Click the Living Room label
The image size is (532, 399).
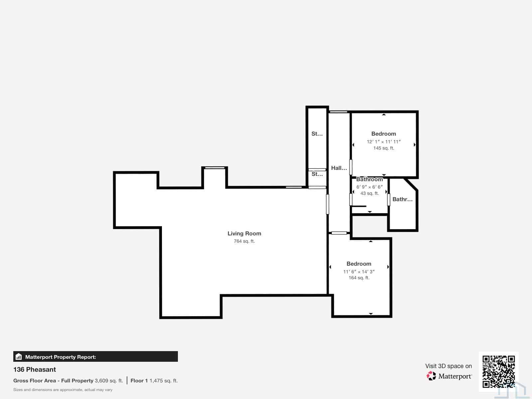pos(244,233)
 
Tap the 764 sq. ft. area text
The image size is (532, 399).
pos(244,241)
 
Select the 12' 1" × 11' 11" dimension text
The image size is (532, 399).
pos(383,142)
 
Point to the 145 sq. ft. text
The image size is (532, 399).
pos(383,148)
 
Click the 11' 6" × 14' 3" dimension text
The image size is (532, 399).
pos(359,272)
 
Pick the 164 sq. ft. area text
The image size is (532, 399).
pos(359,278)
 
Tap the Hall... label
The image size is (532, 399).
pos(339,168)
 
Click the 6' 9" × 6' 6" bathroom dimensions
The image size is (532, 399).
pos(369,187)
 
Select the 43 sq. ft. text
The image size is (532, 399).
pos(369,193)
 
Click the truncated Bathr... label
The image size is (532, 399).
pos(402,199)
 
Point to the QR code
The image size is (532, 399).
pos(498,372)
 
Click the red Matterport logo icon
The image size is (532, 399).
pos(431,376)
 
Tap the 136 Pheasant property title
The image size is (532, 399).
pos(35,369)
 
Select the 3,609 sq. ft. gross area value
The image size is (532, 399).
pos(109,381)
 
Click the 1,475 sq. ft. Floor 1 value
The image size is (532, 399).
pos(164,381)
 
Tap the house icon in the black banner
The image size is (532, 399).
pos(19,356)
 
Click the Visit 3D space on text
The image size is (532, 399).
pos(449,366)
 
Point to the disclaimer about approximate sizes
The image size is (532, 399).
pos(63,390)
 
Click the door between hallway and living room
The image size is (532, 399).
pos(328,204)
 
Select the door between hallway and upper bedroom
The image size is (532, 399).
pos(351,167)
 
